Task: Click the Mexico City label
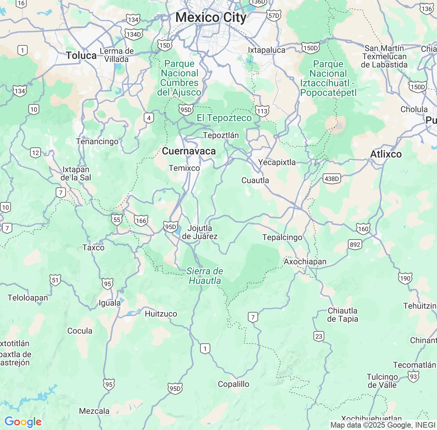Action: [x=211, y=17]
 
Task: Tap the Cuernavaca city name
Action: [x=189, y=151]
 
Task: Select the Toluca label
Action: [x=81, y=55]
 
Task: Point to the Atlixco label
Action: [x=386, y=154]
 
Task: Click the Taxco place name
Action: [x=93, y=247]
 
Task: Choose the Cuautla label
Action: [x=255, y=180]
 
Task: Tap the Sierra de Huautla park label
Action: [x=205, y=276]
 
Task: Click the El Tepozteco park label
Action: [x=224, y=118]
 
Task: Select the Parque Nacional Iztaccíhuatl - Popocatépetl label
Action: [x=328, y=78]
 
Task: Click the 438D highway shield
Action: [x=332, y=178]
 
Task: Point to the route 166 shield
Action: [x=141, y=220]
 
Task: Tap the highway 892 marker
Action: [x=355, y=244]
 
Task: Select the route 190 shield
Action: [x=405, y=278]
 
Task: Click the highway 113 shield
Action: [x=262, y=111]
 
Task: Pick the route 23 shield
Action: [x=319, y=336]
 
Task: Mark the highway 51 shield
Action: [x=56, y=280]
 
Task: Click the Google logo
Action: [x=23, y=422]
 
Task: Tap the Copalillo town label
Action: [x=234, y=384]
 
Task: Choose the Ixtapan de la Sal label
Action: [x=76, y=173]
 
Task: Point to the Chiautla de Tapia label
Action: [x=342, y=315]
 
